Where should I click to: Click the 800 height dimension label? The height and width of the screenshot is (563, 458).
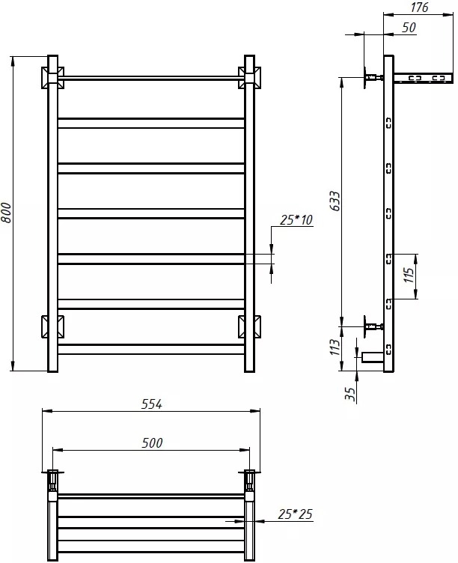tap(7, 213)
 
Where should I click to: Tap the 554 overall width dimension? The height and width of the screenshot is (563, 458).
tap(152, 404)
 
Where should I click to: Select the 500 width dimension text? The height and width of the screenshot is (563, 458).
tap(152, 442)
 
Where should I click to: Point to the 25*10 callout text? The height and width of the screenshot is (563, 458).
tap(296, 219)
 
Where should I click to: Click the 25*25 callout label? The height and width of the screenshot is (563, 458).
tap(295, 514)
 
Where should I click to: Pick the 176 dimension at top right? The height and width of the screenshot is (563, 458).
tap(419, 7)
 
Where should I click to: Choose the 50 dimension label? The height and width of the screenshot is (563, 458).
tap(409, 27)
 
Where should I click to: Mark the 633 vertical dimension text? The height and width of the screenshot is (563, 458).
tap(335, 201)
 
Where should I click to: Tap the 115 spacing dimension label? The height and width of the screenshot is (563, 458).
tap(409, 275)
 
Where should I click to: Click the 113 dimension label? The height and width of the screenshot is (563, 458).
tap(335, 347)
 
